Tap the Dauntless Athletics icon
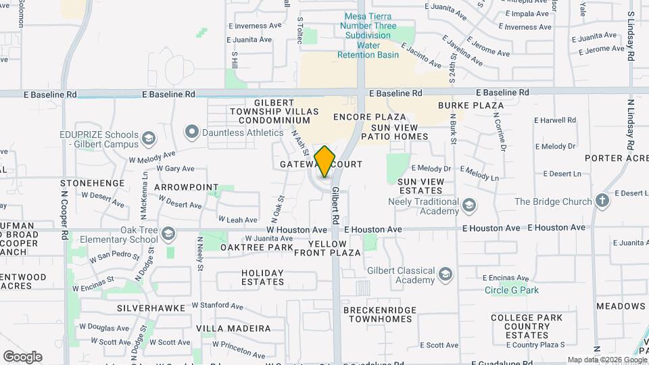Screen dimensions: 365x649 point(192,132)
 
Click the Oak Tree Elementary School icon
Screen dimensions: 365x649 point(168,234)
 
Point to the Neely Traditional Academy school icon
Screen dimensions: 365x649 point(468,205)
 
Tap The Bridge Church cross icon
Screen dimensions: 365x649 point(602,201)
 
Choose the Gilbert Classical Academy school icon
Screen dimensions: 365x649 point(445,274)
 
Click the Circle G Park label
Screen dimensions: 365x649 point(512,290)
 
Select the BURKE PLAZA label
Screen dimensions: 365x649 point(471,105)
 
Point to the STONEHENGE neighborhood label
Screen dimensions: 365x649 point(93,183)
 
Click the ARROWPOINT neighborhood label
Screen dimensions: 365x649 point(187,187)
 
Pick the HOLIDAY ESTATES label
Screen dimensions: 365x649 point(263,277)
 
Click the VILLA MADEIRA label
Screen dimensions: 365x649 point(233,328)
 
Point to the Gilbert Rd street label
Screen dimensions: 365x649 point(335,206)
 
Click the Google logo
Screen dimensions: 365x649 point(22,357)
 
